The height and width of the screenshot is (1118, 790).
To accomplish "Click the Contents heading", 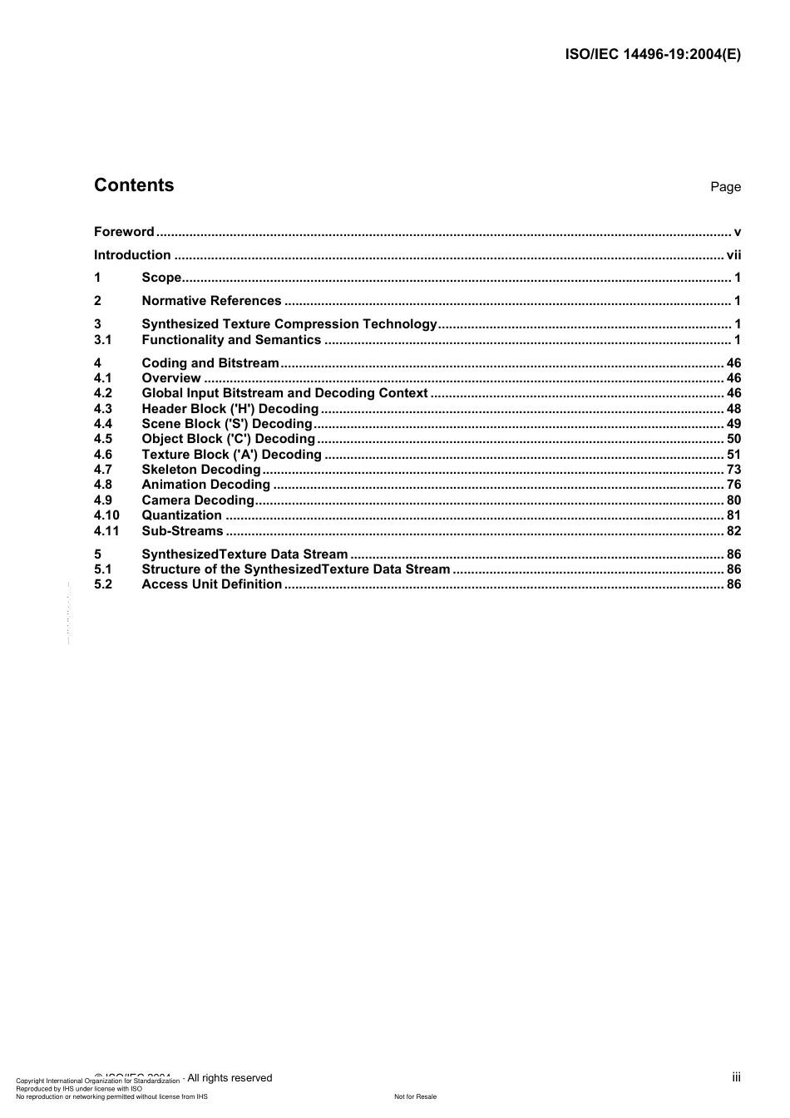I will point(134,185).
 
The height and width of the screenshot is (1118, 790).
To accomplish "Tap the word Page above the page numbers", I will point(725,187).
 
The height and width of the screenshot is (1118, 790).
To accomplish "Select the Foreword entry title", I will point(124,232).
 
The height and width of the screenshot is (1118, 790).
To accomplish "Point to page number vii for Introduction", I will point(733,255).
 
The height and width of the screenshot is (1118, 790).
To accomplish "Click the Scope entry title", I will point(161,278).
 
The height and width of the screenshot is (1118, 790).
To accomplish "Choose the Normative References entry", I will point(211,301).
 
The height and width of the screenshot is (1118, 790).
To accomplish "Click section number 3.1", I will point(102,340).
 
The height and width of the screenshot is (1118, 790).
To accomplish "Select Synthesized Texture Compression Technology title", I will point(289,324).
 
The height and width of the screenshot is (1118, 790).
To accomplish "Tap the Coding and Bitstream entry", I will point(210,363).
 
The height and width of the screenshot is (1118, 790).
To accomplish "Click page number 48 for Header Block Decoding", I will point(733,409).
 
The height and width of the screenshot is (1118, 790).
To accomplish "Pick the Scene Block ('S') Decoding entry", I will point(227,424).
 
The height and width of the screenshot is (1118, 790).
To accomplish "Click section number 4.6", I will point(102,455).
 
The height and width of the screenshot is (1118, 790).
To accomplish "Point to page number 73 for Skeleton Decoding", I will point(733,470).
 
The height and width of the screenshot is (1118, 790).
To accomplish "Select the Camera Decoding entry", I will point(197,500).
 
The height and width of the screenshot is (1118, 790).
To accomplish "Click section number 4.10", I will point(106,515).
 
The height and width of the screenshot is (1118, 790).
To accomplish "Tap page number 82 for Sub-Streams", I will point(733,531).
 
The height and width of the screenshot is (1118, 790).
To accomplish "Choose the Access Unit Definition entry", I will point(211,584).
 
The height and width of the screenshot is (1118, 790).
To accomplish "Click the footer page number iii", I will point(736,1077).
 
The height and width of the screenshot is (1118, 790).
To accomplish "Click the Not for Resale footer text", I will point(415,1096).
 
